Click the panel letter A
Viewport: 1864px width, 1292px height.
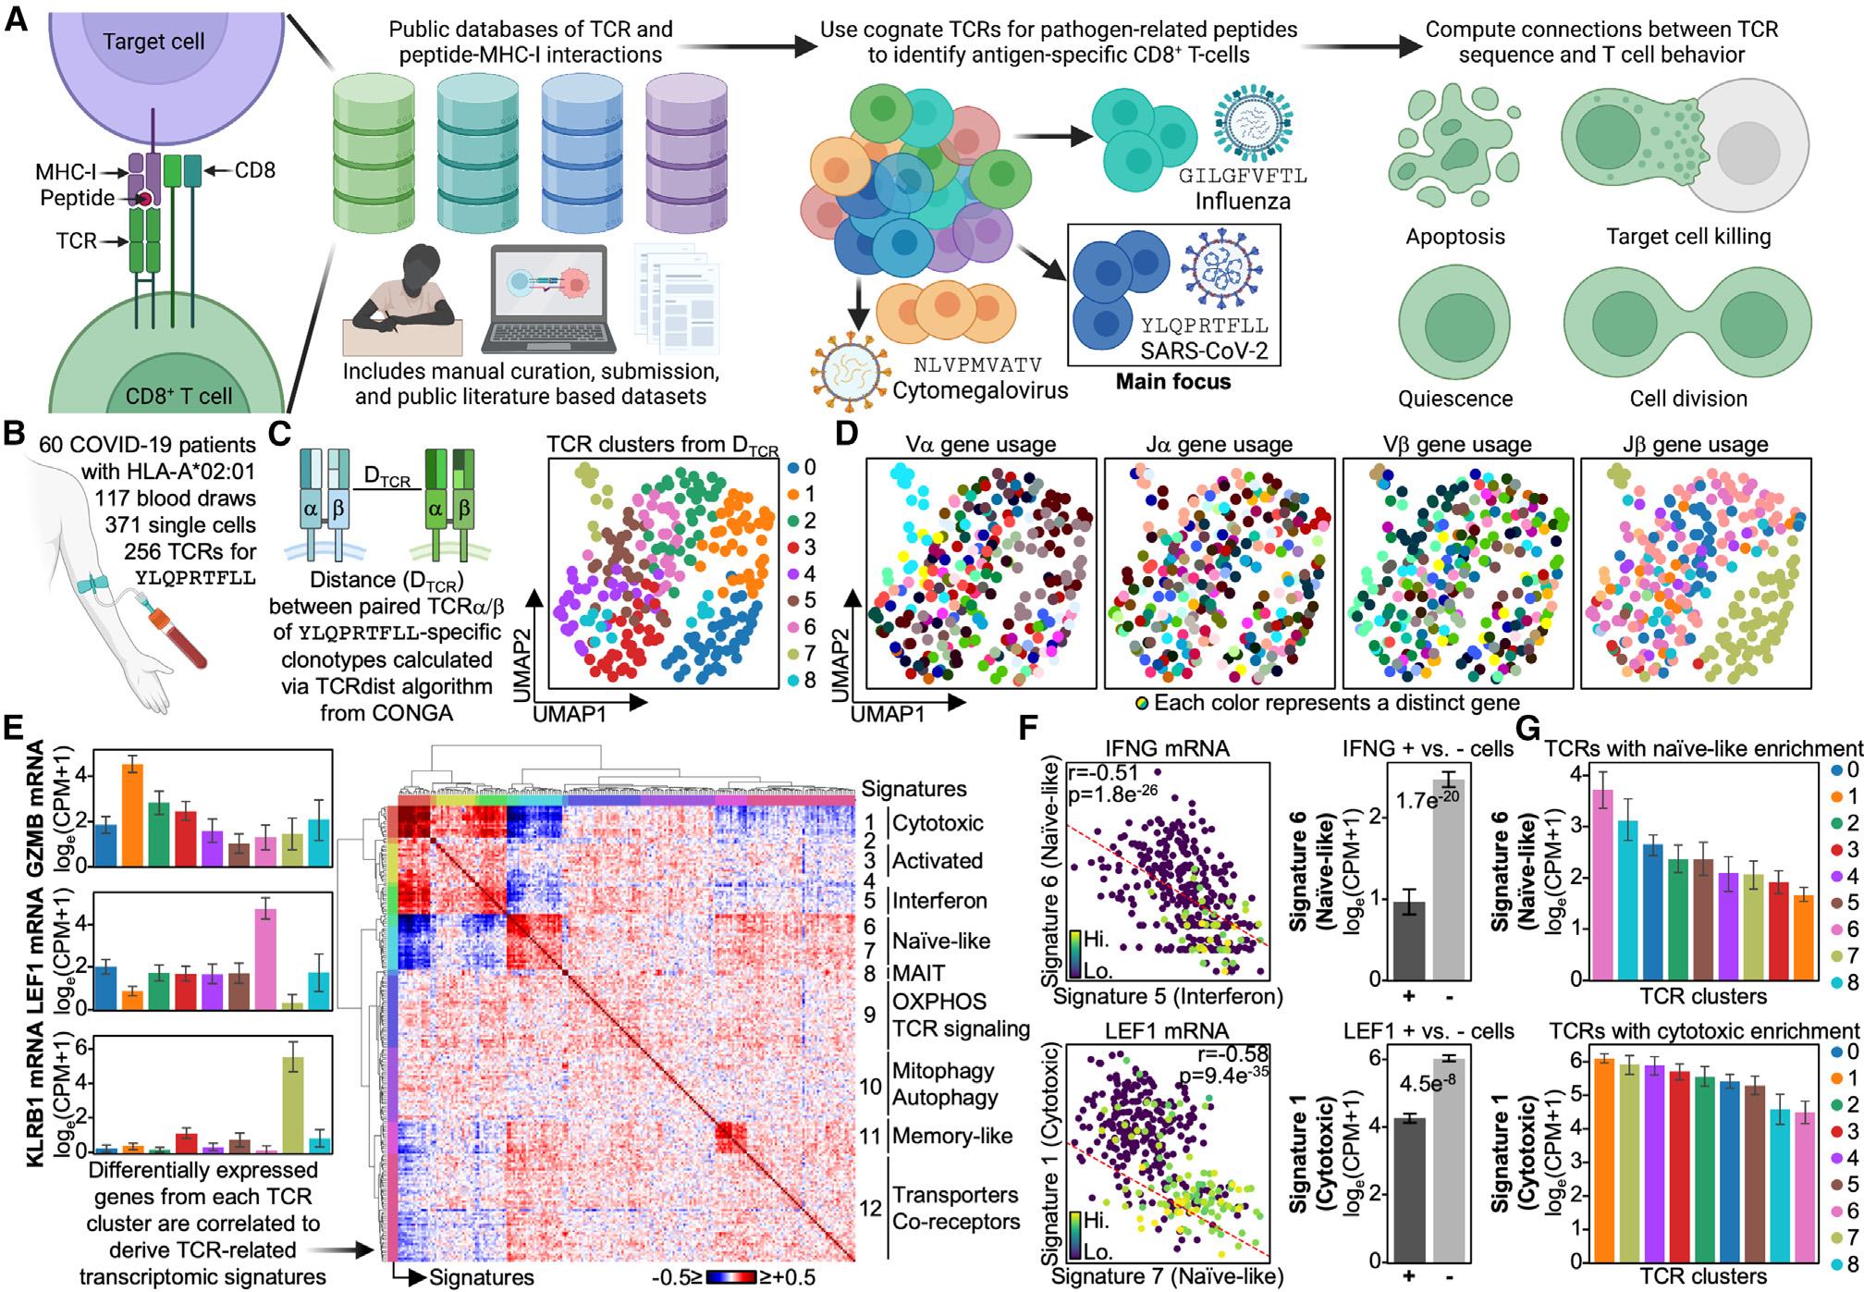pos(16,18)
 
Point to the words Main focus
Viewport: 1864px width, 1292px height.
pos(1172,380)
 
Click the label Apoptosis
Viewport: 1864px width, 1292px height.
pos(1456,237)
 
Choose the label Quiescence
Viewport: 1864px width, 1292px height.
pos(1455,399)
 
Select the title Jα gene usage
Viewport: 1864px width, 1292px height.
pos(1219,446)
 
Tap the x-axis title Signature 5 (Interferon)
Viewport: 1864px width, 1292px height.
pos(1168,996)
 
